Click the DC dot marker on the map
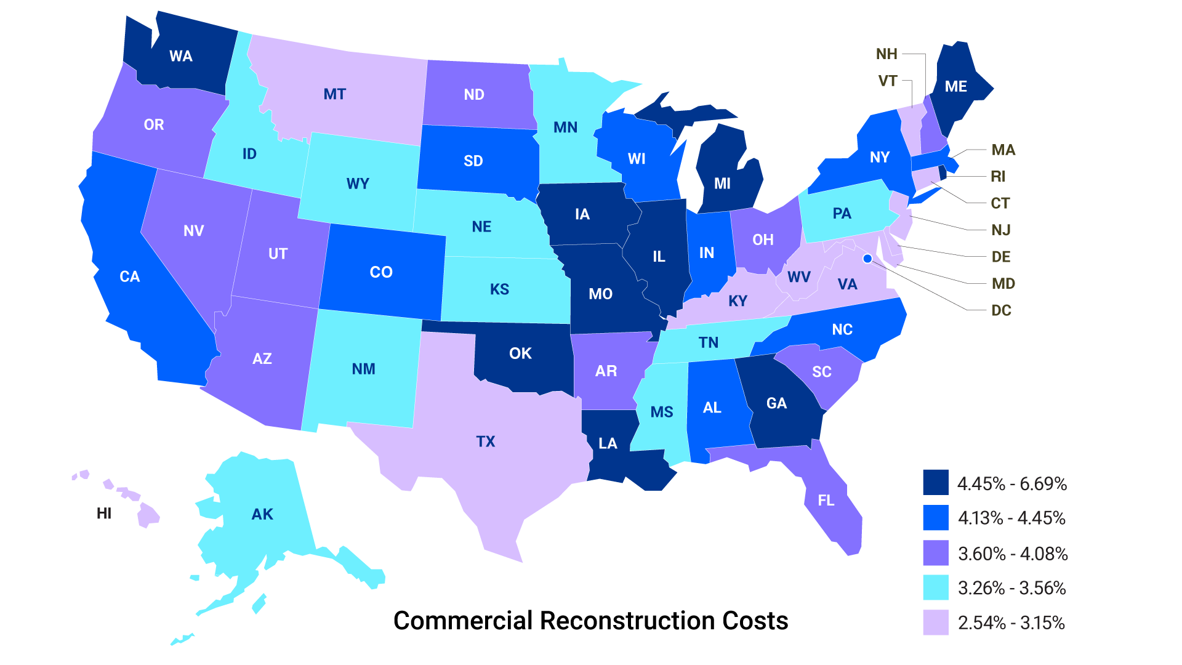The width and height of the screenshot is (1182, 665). [867, 259]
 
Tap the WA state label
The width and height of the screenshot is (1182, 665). [181, 57]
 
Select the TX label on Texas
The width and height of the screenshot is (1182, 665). [486, 441]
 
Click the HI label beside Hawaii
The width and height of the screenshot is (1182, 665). [104, 514]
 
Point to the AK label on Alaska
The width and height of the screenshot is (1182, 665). [262, 514]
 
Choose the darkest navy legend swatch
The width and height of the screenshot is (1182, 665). [935, 483]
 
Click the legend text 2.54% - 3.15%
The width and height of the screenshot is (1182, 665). [1011, 623]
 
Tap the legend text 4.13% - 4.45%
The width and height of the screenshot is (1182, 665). [1011, 518]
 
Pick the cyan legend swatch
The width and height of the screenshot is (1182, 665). [935, 587]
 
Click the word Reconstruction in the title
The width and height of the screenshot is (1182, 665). [627, 621]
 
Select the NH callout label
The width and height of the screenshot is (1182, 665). [886, 54]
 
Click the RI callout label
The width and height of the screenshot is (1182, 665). [998, 177]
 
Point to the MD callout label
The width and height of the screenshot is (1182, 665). [1003, 284]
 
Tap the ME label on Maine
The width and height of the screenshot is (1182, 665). [955, 87]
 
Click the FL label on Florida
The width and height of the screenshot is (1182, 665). [826, 501]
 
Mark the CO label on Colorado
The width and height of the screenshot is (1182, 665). [381, 272]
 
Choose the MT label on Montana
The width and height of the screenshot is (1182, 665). [335, 94]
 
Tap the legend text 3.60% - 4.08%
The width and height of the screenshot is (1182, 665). [1013, 554]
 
